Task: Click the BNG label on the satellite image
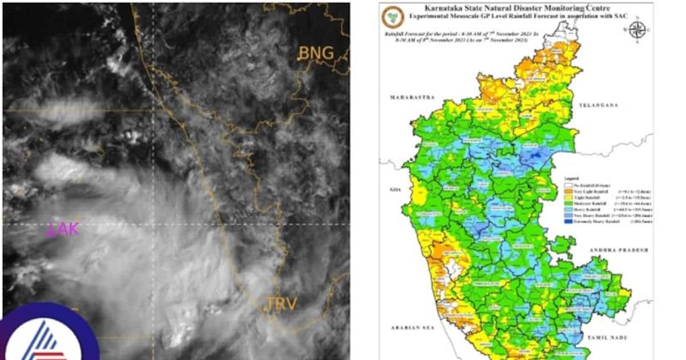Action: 316,53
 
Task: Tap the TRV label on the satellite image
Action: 281,303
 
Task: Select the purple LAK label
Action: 63,229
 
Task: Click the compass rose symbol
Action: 636,29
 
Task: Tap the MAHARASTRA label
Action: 409,98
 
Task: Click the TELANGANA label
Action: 599,106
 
